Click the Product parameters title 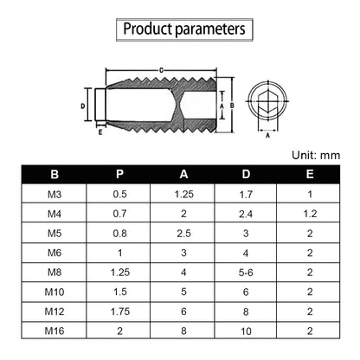[x=184, y=29]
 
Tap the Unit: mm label [x=316, y=155]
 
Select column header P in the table [x=119, y=174]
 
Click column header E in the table [x=310, y=174]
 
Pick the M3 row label [x=55, y=195]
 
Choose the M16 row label [x=55, y=331]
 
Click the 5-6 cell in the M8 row [x=246, y=273]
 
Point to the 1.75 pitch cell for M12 [x=120, y=312]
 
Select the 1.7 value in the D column [x=246, y=195]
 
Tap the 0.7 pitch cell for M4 [x=119, y=214]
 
